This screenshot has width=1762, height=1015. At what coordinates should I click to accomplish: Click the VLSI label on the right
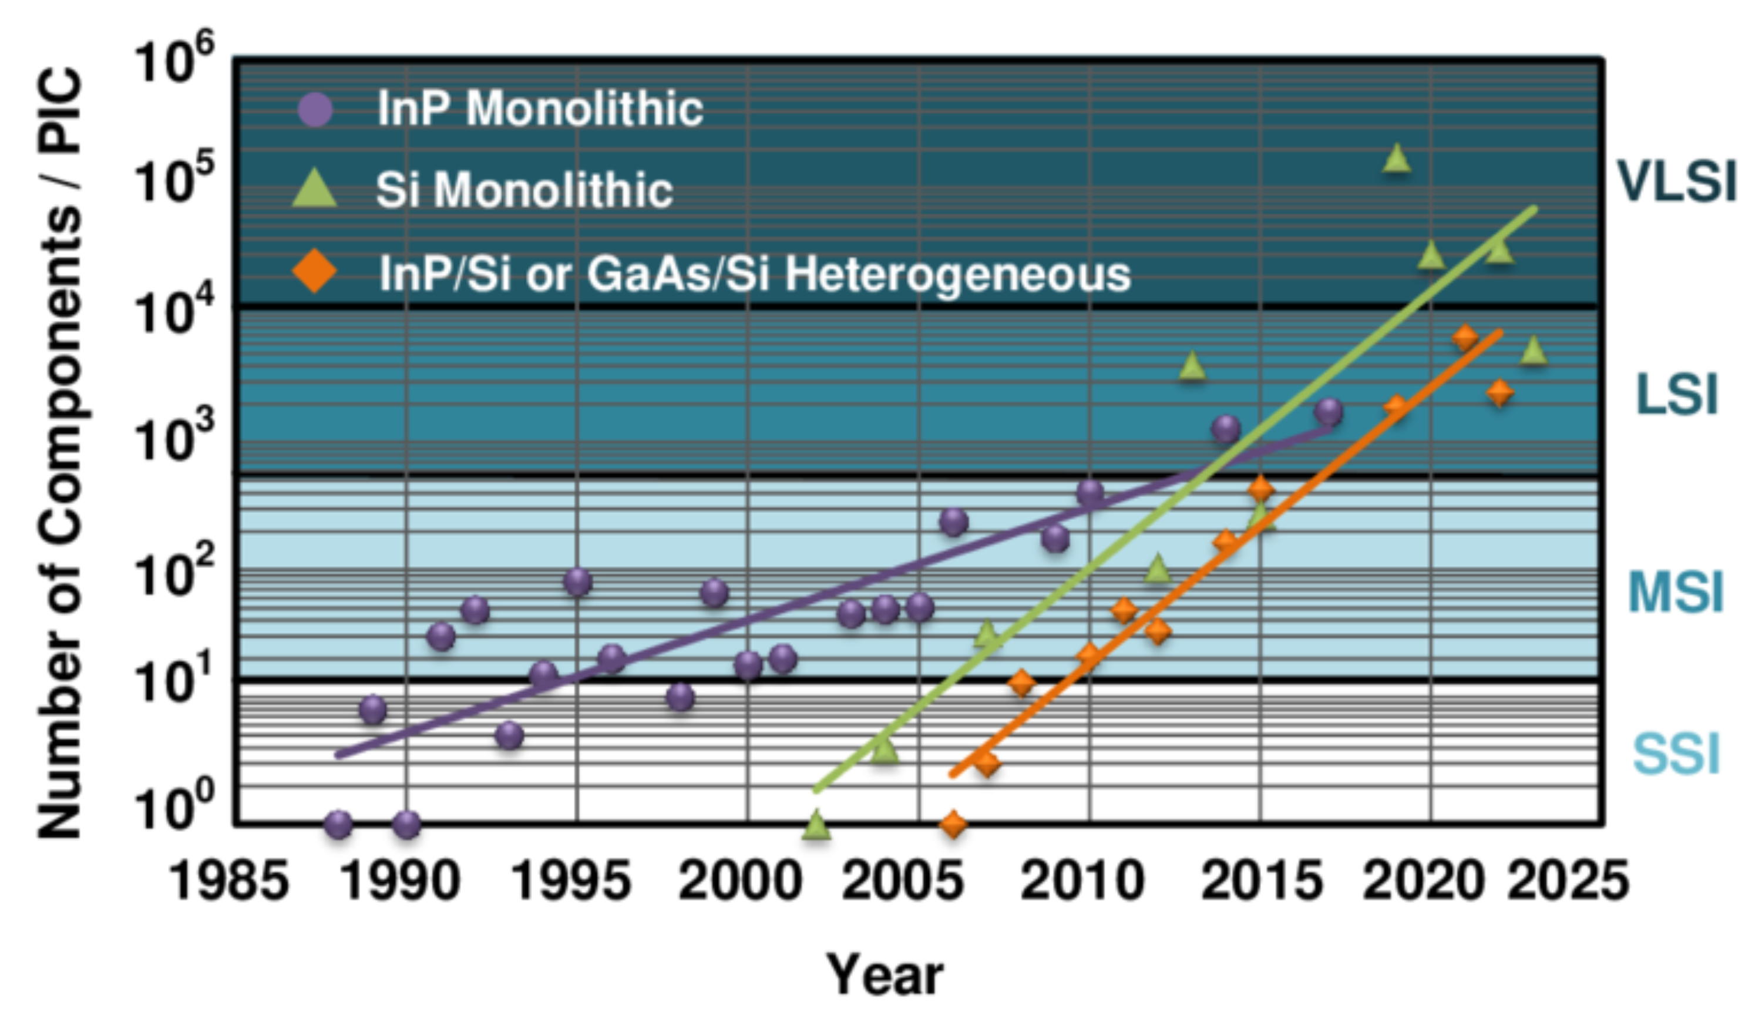1676,182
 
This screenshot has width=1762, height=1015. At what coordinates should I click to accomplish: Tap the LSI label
1676,395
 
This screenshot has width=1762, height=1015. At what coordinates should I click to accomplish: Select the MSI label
1675,593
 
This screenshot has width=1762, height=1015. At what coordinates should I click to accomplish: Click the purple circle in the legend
315,109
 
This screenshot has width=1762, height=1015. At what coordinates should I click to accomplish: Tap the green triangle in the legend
315,190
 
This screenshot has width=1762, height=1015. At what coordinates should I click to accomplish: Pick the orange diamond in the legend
315,272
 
